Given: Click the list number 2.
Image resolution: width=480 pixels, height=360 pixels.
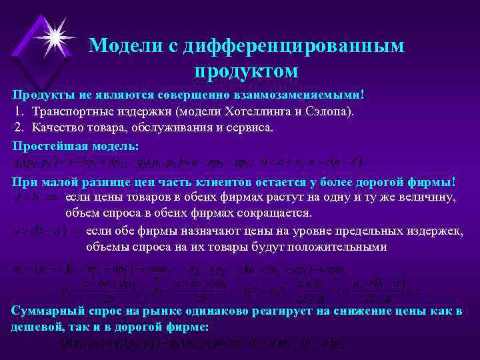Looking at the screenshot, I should pos(18,127).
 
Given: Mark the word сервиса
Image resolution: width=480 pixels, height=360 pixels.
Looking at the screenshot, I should pos(249,127).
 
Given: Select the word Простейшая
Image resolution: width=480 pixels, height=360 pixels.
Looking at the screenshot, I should pos(45,145).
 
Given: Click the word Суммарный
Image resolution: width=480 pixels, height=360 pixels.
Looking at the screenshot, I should pos(45,311).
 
